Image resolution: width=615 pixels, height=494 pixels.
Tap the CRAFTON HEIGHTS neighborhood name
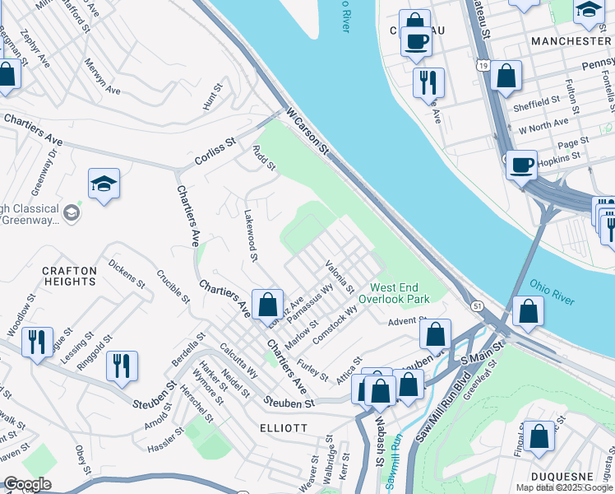tap(69, 276)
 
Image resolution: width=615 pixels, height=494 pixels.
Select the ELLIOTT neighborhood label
tap(284, 428)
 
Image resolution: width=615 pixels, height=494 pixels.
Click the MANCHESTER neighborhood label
tap(571, 40)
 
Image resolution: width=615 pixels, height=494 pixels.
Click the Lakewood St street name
tap(251, 235)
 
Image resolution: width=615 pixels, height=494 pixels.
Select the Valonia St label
tap(340, 277)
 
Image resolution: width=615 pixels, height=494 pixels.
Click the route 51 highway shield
tap(477, 305)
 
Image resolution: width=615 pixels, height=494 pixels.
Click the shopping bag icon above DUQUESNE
tap(539, 437)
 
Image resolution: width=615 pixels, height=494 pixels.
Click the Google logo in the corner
tap(27, 484)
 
